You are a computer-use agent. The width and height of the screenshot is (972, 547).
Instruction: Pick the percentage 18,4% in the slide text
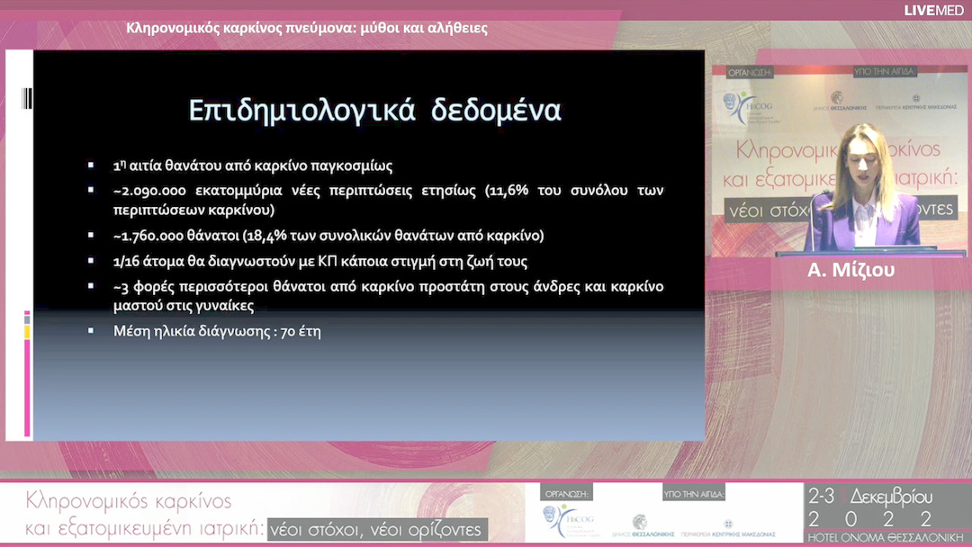click(x=260, y=236)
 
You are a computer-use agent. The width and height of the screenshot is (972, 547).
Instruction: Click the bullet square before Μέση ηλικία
click(x=91, y=330)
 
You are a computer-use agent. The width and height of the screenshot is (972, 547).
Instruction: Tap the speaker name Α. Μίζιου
click(x=850, y=270)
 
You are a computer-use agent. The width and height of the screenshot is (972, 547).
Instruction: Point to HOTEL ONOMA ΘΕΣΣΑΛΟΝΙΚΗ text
click(x=870, y=537)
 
